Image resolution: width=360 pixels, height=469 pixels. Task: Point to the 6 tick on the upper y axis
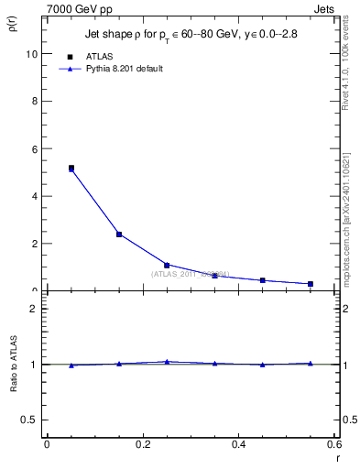34,148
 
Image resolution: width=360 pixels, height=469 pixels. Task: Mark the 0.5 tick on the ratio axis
29,420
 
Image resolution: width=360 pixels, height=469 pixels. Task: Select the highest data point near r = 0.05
71,169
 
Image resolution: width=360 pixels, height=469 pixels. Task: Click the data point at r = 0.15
119,234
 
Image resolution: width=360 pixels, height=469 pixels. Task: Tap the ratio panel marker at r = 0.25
167,362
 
